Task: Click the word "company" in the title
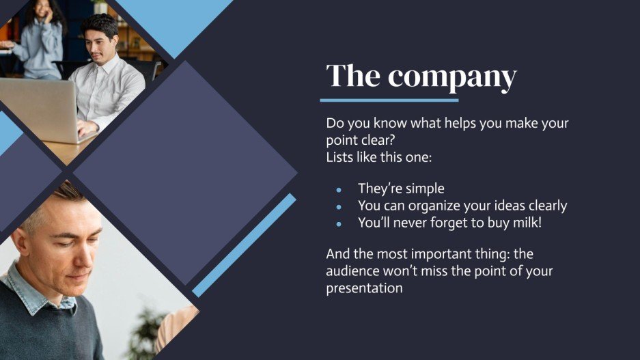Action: tap(452, 77)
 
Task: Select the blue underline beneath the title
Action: tap(389, 100)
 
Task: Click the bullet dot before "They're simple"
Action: tap(339, 189)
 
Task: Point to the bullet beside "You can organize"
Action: tap(339, 206)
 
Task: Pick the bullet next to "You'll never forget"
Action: tap(339, 223)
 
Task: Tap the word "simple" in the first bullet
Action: tap(423, 189)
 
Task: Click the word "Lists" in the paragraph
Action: tap(341, 158)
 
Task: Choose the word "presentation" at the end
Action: tap(364, 288)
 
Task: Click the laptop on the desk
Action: tap(38, 109)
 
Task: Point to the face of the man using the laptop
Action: tap(99, 44)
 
